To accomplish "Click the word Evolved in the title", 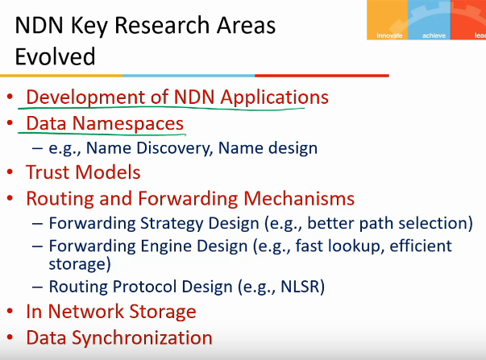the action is click(55, 56).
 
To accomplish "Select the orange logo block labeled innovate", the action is click(388, 20).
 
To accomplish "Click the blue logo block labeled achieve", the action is click(430, 20).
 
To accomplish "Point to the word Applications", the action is click(274, 97).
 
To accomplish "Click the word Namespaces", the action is click(128, 123).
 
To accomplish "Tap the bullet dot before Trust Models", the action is click(10, 172).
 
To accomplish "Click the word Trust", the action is click(48, 172).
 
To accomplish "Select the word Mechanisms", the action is click(299, 198).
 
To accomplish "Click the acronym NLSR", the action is click(300, 287).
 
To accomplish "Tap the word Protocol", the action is click(145, 287).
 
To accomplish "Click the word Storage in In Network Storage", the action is click(163, 312).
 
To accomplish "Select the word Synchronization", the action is click(143, 338).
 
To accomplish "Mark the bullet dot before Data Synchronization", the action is click(10, 337).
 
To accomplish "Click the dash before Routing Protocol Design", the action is click(37, 287).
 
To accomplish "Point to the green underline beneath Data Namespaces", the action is click(102, 134).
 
